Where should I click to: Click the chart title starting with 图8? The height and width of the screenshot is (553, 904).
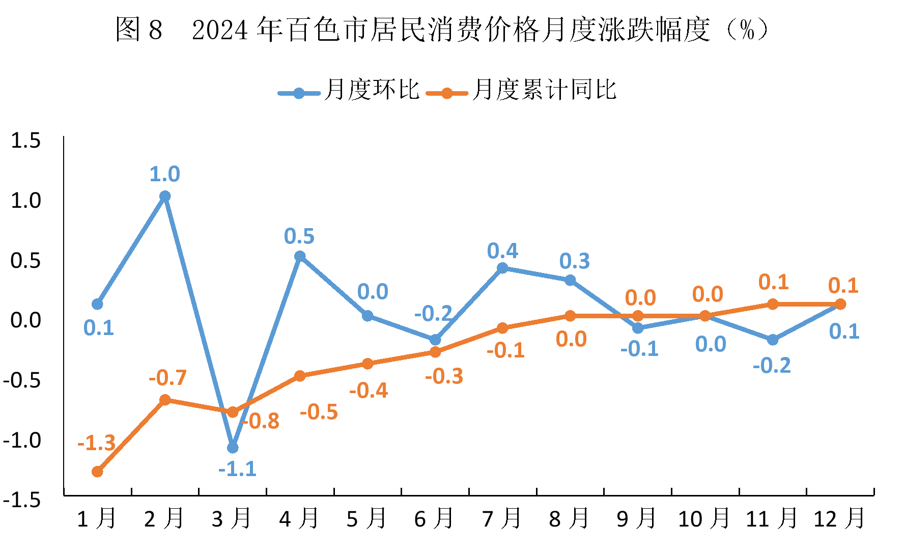point(442,30)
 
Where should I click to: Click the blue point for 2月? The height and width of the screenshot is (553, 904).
point(165,196)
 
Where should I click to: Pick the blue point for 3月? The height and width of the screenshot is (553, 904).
point(233,448)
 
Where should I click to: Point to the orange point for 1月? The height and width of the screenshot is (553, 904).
point(97,472)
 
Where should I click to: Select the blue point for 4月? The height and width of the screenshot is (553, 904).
point(300,256)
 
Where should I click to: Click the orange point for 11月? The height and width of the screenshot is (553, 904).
point(773,304)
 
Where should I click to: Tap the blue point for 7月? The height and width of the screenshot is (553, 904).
point(502,268)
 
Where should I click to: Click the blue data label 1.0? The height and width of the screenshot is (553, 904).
point(164,174)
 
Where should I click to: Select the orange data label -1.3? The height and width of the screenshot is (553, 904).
point(96,443)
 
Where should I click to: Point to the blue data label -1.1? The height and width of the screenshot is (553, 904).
point(237,469)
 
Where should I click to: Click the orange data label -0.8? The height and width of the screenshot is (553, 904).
point(261,421)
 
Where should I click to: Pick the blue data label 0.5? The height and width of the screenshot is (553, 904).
point(299,236)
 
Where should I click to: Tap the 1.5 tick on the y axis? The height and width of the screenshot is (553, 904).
point(25,141)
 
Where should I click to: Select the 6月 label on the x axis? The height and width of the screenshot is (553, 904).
point(434,519)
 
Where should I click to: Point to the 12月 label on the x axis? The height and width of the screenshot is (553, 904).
point(839,519)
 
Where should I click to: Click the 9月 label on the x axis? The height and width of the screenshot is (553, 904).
point(636,519)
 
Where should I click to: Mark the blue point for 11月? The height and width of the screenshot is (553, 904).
point(773,340)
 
